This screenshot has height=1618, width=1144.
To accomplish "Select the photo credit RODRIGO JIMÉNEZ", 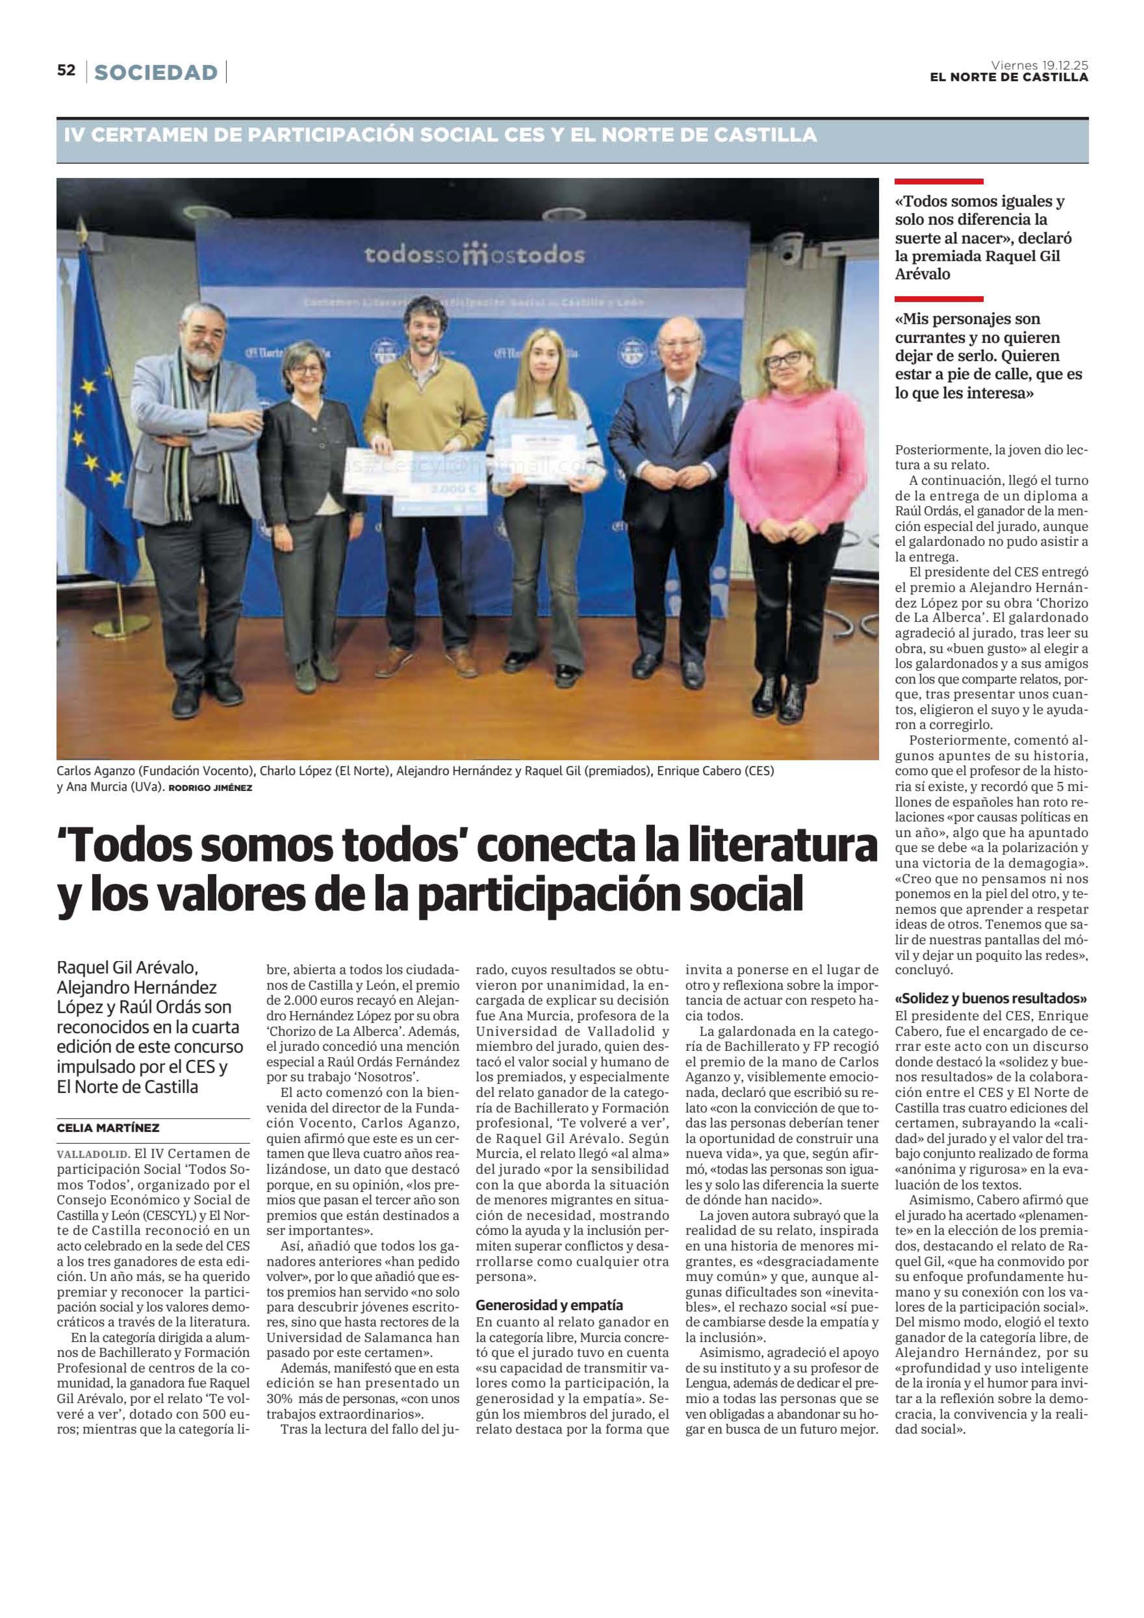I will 210,788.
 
